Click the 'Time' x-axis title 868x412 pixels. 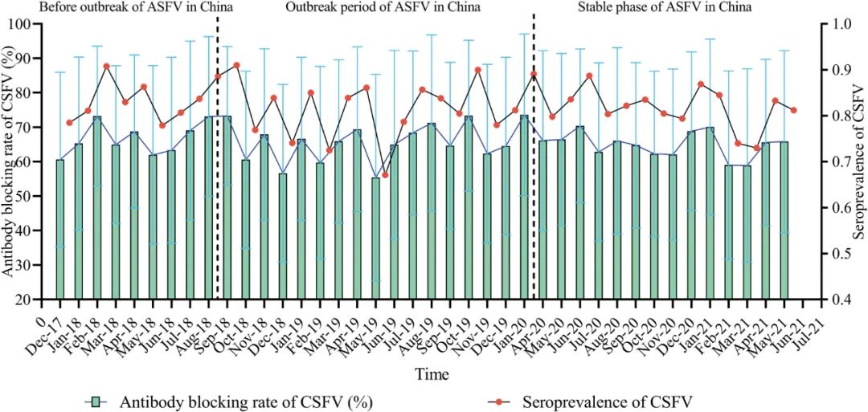pyautogui.click(x=432, y=374)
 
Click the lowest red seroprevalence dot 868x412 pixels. pyautogui.click(x=385, y=174)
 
